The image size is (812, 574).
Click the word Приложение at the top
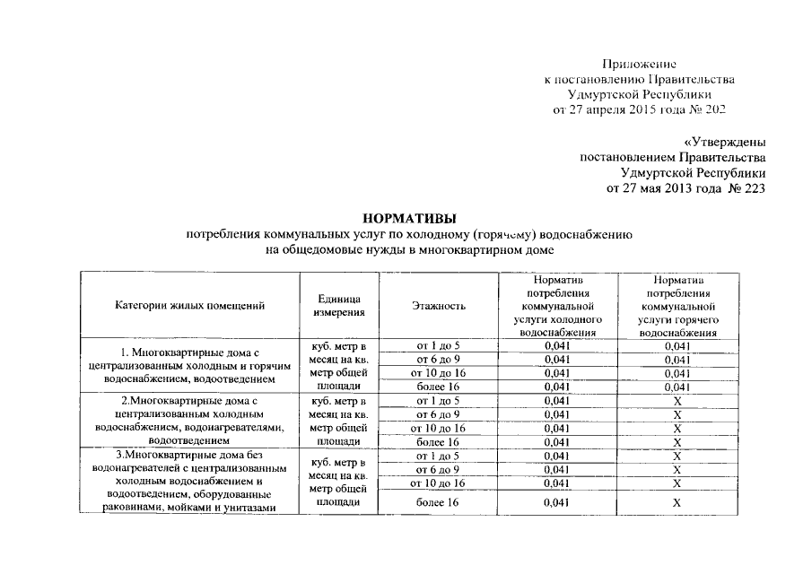click(638, 65)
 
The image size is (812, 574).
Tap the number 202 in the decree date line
click(712, 109)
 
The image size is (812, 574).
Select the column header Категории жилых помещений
click(189, 306)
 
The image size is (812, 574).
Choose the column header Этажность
click(438, 306)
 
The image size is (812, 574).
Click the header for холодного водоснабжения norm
click(557, 306)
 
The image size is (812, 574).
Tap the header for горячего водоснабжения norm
click(678, 306)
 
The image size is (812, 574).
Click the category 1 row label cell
click(189, 366)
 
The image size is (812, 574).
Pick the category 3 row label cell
click(189, 483)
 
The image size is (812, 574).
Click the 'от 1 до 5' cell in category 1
click(438, 345)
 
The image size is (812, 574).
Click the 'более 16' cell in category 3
click(438, 503)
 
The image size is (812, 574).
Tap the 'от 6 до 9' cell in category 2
click(438, 414)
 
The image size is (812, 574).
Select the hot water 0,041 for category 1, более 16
click(678, 387)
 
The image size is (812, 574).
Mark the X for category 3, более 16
click(678, 503)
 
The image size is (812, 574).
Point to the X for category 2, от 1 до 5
click(678, 400)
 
